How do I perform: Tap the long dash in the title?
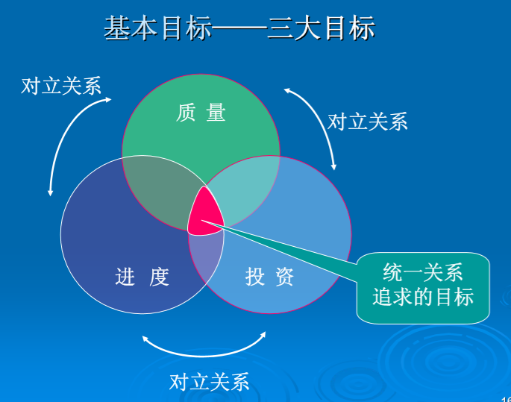click(x=239, y=29)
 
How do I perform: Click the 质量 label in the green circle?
click(x=201, y=113)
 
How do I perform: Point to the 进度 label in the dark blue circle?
click(x=142, y=277)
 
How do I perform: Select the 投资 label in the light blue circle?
click(x=269, y=277)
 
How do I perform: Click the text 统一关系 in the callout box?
click(x=422, y=271)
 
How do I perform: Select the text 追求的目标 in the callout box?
click(x=422, y=298)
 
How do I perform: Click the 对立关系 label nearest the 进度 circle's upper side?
click(x=61, y=86)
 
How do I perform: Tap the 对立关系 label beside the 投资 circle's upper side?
click(x=368, y=122)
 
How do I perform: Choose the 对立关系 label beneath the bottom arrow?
click(x=209, y=383)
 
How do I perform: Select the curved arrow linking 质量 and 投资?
click(x=317, y=123)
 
